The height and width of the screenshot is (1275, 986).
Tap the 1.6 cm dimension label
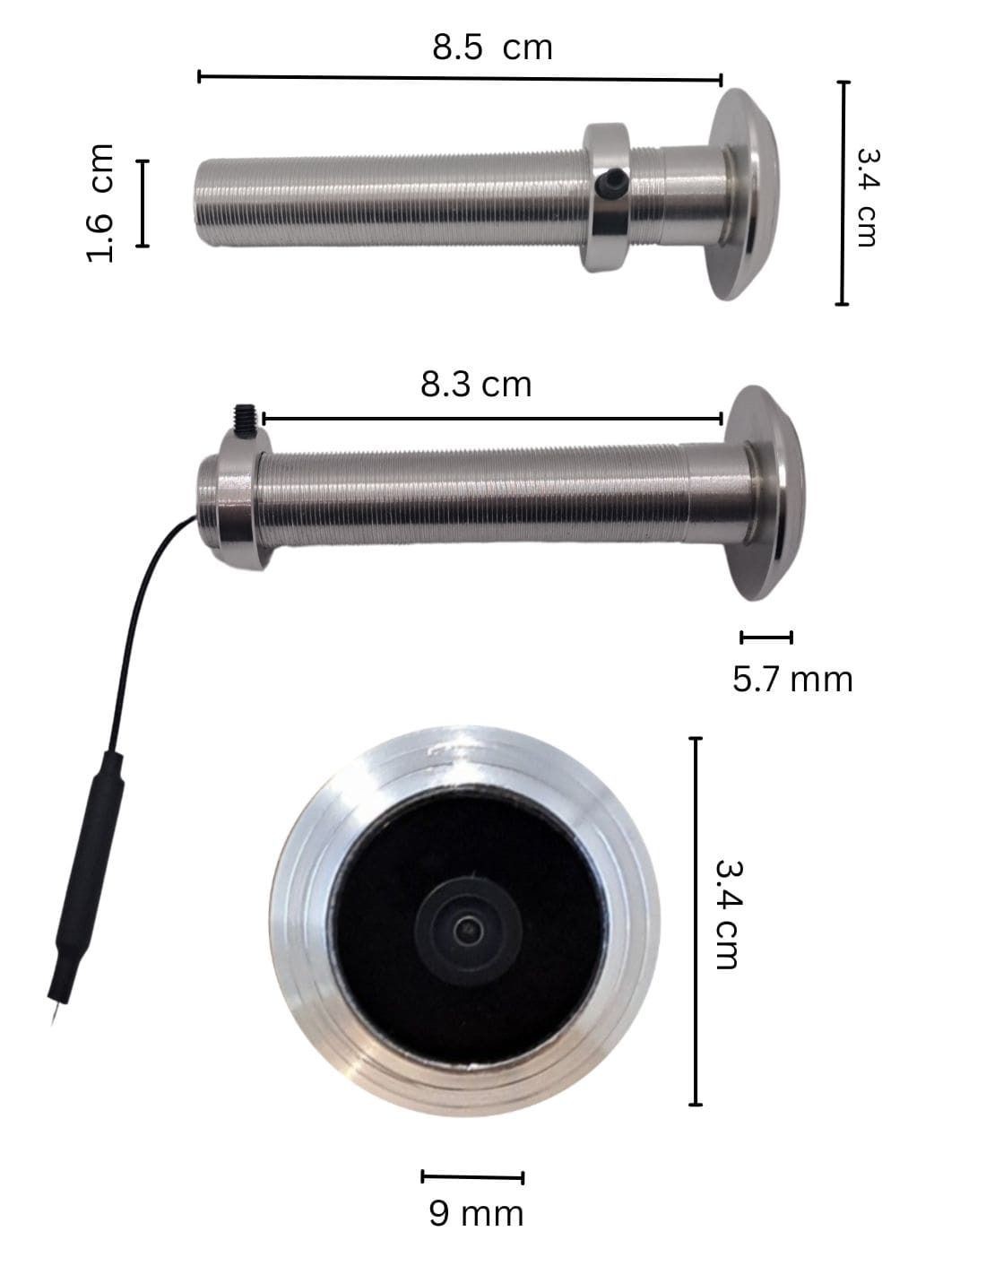[99, 203]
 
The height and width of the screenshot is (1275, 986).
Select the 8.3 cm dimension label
[476, 385]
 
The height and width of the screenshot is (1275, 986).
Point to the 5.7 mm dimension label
[791, 680]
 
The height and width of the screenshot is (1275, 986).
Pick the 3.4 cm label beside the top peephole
[867, 197]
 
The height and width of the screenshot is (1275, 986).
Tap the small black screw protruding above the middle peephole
[246, 415]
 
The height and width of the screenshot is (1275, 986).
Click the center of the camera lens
[468, 929]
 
